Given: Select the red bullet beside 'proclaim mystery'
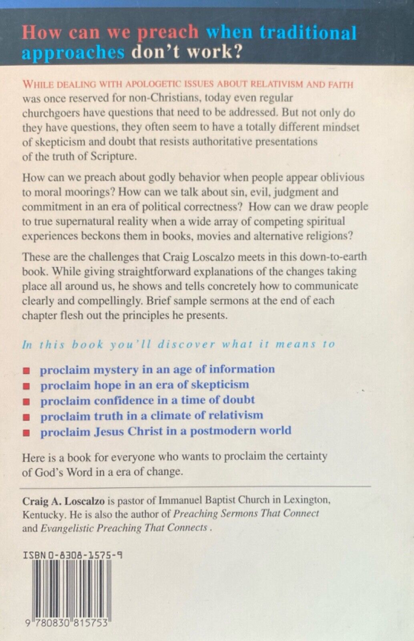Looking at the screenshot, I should click(27, 370).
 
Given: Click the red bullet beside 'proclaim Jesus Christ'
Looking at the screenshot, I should click(27, 433).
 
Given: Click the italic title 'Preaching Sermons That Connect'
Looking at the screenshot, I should click(245, 513).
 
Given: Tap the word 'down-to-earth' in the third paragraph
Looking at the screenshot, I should click(333, 256).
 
